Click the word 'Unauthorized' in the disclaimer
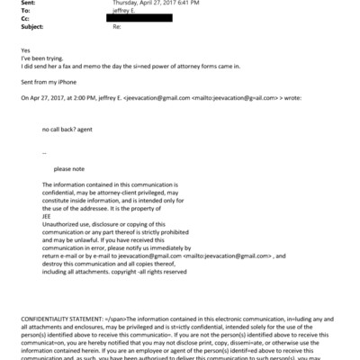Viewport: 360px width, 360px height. (x=63, y=223)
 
